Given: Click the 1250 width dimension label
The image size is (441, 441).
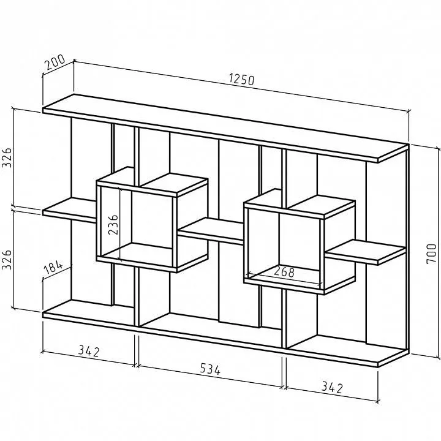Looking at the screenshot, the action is coord(242,79).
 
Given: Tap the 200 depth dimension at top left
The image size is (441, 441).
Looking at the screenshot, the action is coord(55,62).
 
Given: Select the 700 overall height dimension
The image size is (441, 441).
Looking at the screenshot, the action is coord(431,254).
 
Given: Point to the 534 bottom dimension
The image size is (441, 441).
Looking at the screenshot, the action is coord(210,369).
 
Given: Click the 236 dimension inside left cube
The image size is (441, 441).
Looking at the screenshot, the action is coord(113,224).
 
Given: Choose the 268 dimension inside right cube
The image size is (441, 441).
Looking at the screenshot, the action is coord(284,272).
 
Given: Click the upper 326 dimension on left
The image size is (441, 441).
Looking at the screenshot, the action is coord(7,157).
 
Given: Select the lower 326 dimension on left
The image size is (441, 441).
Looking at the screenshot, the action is coord(7,259).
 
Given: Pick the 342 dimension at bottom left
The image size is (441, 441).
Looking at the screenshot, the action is coord(89,351).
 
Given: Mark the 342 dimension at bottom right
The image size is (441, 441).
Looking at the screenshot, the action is coord(332,387).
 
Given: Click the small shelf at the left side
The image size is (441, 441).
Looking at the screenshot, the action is coord(69,210).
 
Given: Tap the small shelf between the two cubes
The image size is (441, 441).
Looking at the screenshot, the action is coord(211,231).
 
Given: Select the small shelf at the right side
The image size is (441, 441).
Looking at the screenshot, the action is coord(366,252).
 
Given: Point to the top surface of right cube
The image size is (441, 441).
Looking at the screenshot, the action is coord(300,203).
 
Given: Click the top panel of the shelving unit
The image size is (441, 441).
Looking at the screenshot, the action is coord(225,128).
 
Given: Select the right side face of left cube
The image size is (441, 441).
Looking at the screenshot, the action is coord(193,225).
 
